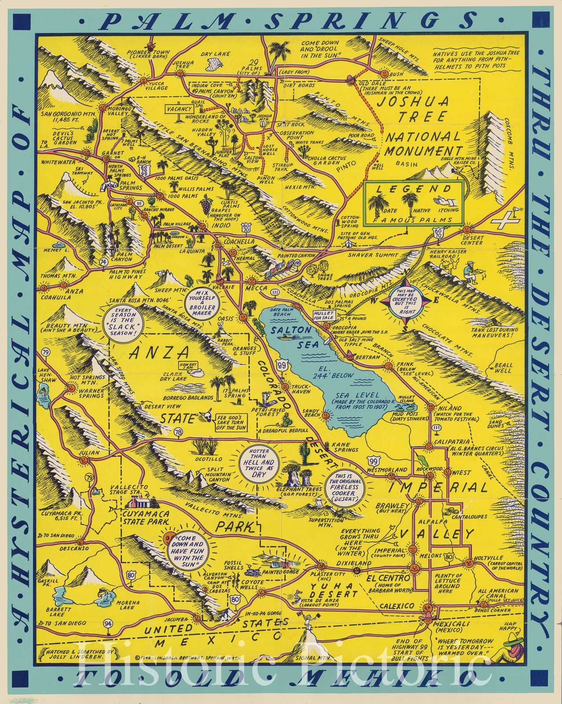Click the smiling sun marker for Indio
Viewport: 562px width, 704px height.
tap(202, 226)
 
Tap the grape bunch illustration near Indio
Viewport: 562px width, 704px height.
tap(205, 206)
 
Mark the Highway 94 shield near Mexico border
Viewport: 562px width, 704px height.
tap(107, 623)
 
